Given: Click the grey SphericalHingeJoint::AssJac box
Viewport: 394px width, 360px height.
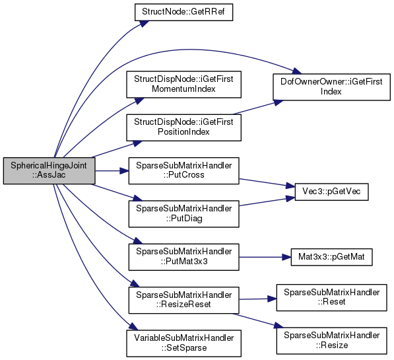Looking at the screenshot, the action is point(49,170).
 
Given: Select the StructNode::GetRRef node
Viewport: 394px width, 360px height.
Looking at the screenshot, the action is point(183,12).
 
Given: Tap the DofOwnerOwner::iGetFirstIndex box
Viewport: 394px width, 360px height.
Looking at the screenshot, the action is point(331,87).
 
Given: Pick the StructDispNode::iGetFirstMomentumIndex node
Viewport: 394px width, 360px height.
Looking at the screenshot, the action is point(183,85).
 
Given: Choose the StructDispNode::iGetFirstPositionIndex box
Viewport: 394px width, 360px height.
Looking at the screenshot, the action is point(183,127).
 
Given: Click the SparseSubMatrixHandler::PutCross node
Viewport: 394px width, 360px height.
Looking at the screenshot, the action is point(183,170).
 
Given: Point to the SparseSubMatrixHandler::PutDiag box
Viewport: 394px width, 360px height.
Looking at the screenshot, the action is point(183,214).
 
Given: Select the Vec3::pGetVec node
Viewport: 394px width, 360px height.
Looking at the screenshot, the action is point(331,192).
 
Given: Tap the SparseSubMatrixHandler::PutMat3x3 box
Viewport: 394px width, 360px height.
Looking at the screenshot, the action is point(183,257).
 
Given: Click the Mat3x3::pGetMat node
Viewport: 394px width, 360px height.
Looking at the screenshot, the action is point(331,257).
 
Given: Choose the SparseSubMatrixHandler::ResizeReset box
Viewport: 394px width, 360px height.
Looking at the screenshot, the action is point(183,300).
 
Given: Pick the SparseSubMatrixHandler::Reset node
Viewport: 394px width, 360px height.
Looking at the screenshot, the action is point(331,298).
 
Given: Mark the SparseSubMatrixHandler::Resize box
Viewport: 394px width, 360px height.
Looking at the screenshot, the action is point(331,341).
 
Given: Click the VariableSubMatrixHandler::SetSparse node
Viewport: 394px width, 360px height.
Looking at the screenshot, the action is point(183,343).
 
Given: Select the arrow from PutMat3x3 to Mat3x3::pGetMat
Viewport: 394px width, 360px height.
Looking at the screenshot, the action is point(265,257).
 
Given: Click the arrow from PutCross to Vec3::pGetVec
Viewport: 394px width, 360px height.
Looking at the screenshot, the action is point(267,183).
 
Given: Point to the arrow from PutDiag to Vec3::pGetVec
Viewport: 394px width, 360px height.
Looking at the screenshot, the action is point(267,201).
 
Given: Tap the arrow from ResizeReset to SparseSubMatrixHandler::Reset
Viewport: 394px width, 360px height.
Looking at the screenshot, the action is point(257,299).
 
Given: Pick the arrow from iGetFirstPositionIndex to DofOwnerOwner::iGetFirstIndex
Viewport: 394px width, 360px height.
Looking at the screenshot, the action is point(258,108).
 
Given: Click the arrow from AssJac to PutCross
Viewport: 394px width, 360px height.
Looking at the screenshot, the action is point(112,171).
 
